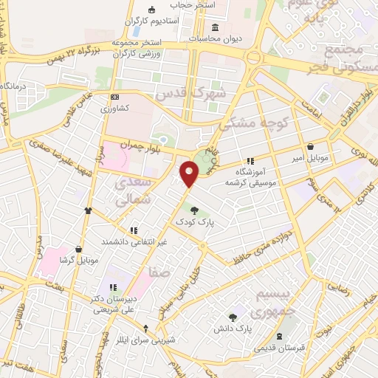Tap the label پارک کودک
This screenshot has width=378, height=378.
(x=193, y=221)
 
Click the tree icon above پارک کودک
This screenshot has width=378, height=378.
(x=193, y=210)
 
